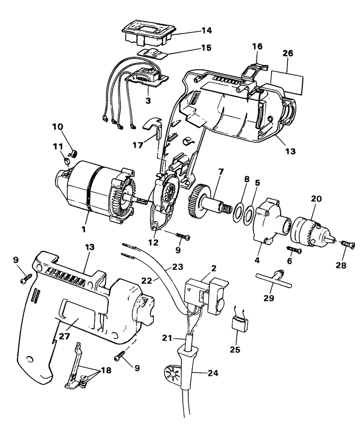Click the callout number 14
point(206,31)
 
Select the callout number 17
point(138,145)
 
